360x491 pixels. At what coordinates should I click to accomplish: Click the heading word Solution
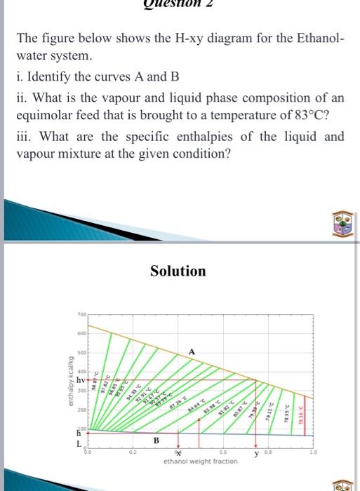(x=178, y=271)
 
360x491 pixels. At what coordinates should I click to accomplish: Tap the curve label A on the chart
(x=191, y=351)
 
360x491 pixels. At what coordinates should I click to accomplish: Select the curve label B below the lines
(x=156, y=440)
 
